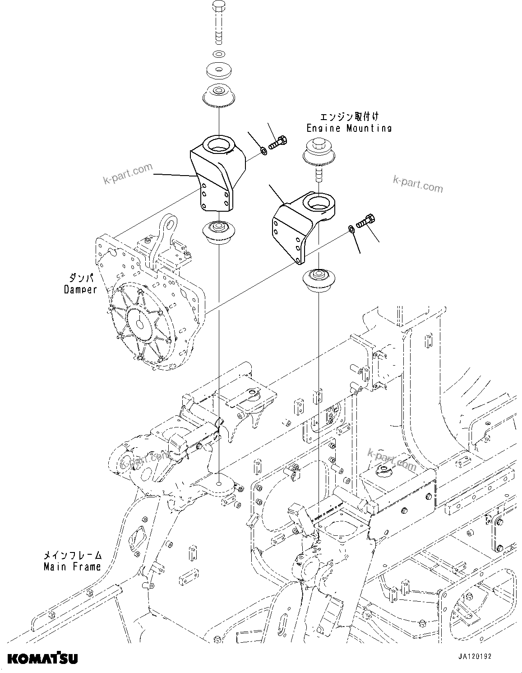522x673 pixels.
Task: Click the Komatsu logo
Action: pos(42,658)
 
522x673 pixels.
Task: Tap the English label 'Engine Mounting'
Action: pos(349,128)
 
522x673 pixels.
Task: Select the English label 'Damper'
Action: pos(80,290)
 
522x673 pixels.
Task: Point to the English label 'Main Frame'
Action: pos(72,566)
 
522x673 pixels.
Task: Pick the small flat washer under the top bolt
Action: pos(218,55)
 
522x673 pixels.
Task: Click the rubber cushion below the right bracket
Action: pos(318,281)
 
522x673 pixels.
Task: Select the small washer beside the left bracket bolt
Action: pos(263,150)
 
